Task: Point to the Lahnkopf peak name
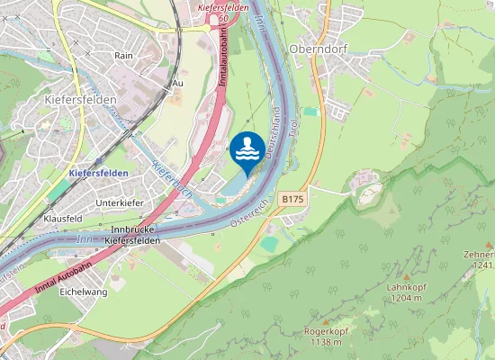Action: [406, 287]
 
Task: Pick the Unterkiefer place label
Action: [120, 203]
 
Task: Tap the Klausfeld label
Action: [62, 219]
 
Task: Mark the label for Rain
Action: [123, 55]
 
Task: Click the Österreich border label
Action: [255, 209]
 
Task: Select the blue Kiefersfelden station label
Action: [98, 172]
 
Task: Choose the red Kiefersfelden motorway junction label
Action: [221, 7]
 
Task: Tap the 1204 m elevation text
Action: [407, 298]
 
